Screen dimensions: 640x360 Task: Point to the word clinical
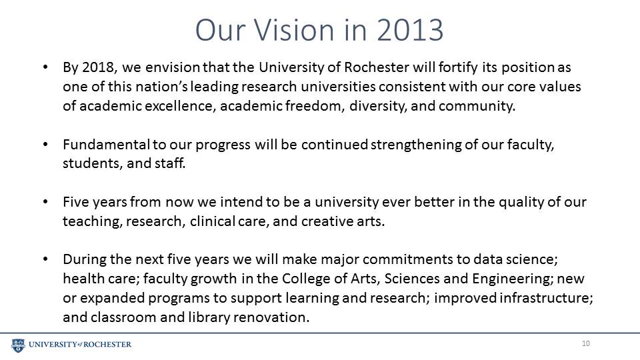tap(212, 221)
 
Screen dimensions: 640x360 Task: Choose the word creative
tap(325, 221)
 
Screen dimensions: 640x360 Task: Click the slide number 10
tap(586, 343)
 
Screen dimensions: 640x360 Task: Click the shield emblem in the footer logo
tap(18, 345)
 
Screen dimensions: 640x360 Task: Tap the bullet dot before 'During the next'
tap(45, 259)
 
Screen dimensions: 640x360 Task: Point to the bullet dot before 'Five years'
tap(45, 202)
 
